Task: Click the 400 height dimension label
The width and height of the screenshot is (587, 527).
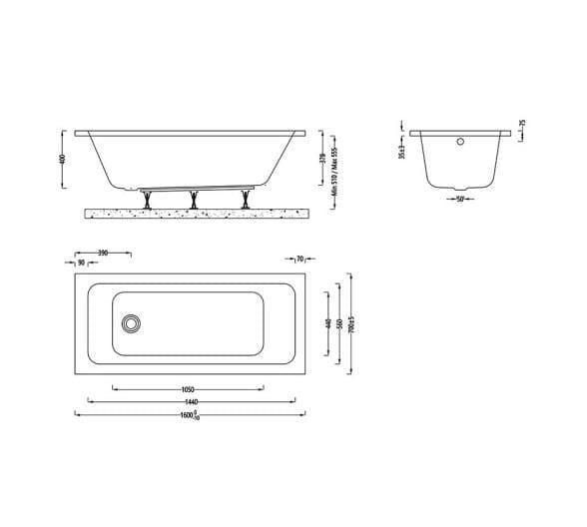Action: (63, 160)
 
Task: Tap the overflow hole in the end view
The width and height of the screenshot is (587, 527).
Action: (460, 141)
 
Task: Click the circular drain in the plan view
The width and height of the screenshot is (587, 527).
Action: (130, 323)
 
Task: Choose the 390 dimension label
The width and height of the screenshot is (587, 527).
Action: (103, 254)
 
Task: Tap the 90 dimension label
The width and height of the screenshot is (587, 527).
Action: (82, 263)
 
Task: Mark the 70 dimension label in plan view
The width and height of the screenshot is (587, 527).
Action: (299, 259)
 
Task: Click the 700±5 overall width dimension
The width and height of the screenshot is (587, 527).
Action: (351, 324)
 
